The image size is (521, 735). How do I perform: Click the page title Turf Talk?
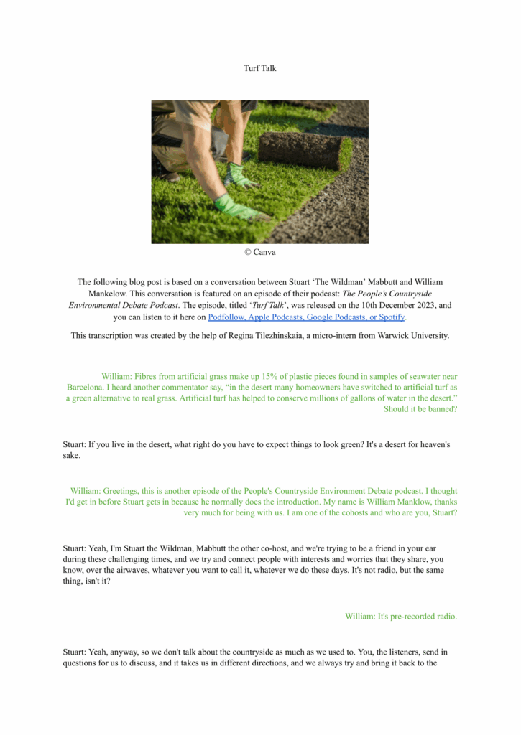pyautogui.click(x=260, y=68)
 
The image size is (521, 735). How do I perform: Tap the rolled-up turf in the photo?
pyautogui.click(x=300, y=149)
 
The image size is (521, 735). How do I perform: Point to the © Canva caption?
pyautogui.click(x=260, y=252)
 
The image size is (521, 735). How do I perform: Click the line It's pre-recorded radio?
pyautogui.click(x=401, y=616)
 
